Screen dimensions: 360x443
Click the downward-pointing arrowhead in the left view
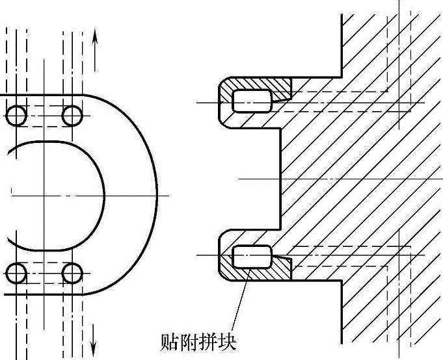pyautogui.click(x=95, y=341)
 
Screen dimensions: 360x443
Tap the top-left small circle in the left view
pyautogui.click(x=16, y=116)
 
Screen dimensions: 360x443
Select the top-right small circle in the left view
pyautogui.click(x=72, y=116)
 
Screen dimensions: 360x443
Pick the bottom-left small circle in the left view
pyautogui.click(x=16, y=274)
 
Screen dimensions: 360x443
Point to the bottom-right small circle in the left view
pyautogui.click(x=72, y=274)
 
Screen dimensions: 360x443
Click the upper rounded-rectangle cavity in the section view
pyautogui.click(x=251, y=101)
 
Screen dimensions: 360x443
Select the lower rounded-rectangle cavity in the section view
pyautogui.click(x=251, y=256)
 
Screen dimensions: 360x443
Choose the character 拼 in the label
pyautogui.click(x=206, y=340)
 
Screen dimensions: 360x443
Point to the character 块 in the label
pyautogui.click(x=225, y=340)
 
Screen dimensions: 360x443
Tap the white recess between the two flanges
pyautogui.click(x=250, y=178)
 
